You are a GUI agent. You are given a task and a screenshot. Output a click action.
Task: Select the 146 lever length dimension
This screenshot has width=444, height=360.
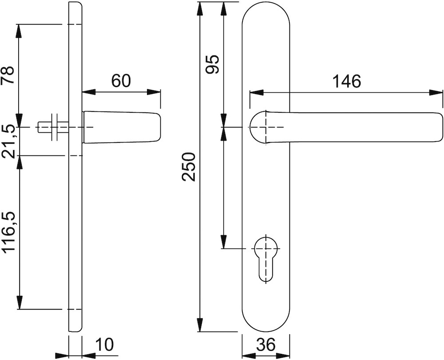(347, 82)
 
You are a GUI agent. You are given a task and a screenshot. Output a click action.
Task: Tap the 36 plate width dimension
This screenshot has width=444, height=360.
(266, 345)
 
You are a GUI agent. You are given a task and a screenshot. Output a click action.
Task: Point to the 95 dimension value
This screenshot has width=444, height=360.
(212, 64)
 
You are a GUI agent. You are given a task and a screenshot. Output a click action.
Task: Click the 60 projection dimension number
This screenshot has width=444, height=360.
(121, 80)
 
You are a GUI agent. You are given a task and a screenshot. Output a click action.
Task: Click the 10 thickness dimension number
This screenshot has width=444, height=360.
(104, 344)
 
